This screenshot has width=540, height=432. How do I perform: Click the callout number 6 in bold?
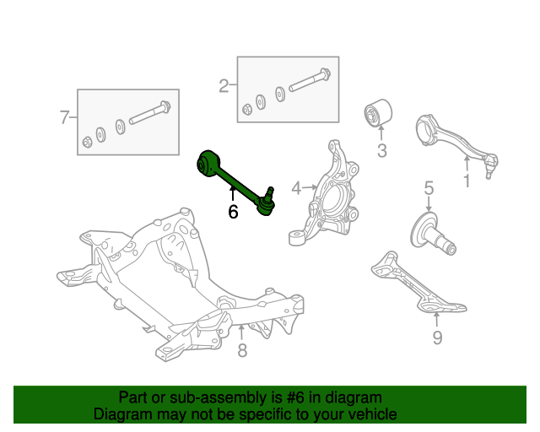[233, 212]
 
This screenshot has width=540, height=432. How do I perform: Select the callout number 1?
[467, 181]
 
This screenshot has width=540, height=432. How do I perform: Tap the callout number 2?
[224, 85]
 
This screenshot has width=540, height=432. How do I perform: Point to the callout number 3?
[381, 152]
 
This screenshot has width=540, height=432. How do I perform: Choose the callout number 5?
[429, 187]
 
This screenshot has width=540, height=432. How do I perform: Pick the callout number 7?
[65, 118]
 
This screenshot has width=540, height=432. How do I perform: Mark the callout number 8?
[242, 350]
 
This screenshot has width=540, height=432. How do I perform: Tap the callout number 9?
[437, 338]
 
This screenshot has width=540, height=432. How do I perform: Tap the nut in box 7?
[87, 142]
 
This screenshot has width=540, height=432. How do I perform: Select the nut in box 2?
[247, 109]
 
